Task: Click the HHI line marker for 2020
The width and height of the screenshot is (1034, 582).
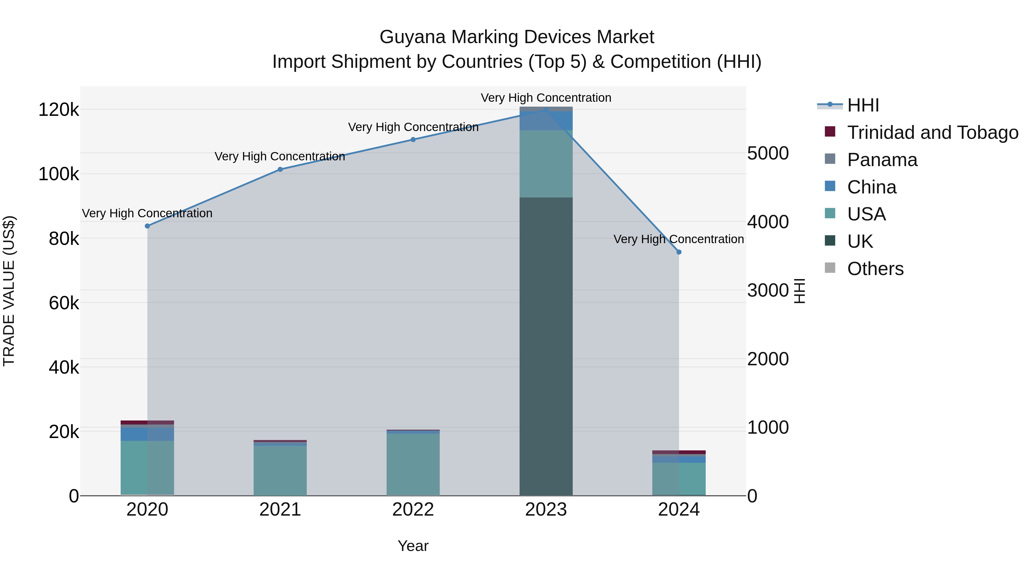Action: coord(147,226)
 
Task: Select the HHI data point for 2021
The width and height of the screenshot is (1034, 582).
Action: coord(280,170)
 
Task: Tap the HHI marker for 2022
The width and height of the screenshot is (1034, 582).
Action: coord(413,140)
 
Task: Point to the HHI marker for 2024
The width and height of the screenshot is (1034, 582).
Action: coord(679,252)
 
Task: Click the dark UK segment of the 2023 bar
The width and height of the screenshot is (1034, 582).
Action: coord(546,345)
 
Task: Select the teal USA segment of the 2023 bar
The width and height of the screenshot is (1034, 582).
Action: coord(546,164)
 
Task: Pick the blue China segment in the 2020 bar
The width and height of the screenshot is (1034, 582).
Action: coord(147,434)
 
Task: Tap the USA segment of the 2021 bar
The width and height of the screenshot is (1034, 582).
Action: coord(280,470)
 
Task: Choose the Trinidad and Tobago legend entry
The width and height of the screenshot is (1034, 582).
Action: coord(932,132)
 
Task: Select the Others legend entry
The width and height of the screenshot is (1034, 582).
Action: coord(875,269)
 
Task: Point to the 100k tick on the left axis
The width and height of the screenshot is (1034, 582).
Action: coord(59,174)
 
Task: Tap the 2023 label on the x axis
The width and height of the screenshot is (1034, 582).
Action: coord(546,510)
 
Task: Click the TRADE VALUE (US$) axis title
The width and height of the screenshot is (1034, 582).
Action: coord(9,291)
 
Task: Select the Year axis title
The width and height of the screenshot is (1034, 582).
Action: coord(413,546)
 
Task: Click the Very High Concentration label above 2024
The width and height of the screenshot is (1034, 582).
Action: coord(678,239)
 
